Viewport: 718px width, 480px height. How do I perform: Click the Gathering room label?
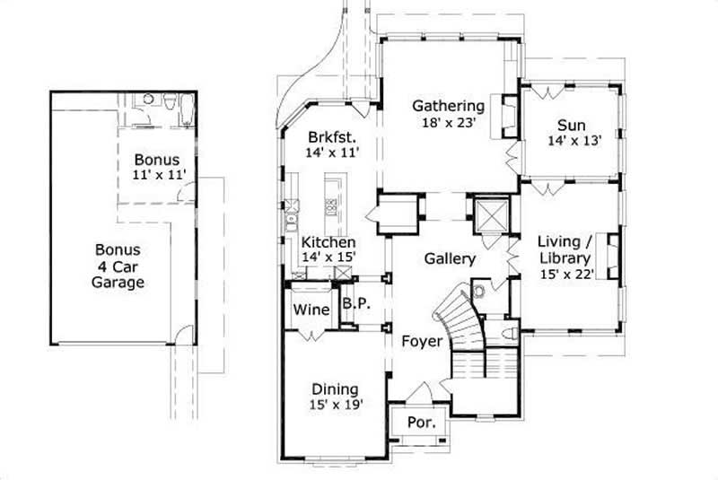click(x=448, y=106)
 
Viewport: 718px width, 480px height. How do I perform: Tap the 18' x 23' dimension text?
click(x=448, y=123)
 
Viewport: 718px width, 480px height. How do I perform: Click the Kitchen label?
click(x=328, y=242)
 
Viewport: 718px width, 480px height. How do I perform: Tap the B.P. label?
click(x=355, y=304)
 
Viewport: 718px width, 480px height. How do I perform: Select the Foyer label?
click(x=421, y=341)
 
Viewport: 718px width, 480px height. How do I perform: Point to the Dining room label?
click(x=335, y=389)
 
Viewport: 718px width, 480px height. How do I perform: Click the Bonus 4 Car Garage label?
click(x=118, y=266)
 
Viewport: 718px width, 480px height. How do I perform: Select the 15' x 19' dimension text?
click(x=335, y=406)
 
